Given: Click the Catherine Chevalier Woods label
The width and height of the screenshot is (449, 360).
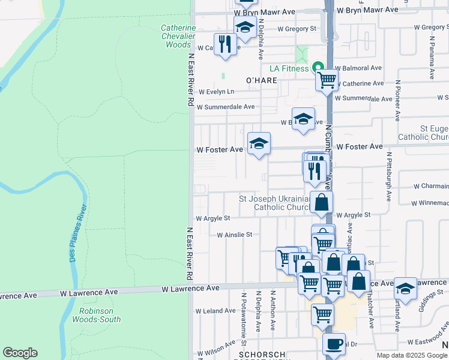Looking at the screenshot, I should click(178, 36).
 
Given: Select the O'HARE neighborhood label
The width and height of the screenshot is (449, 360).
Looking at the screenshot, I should click(261, 80).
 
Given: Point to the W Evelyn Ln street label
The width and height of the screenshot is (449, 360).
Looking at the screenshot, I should click(215, 92).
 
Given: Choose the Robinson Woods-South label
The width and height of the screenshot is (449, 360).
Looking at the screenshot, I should click(100, 315).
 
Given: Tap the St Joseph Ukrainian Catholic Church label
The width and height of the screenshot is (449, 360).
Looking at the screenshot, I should click(274, 203).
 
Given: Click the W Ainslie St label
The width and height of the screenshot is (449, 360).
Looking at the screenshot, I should click(235, 235).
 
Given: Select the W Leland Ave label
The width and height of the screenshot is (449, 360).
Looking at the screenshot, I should click(215, 311).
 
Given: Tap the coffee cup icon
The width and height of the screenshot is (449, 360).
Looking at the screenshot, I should click(334, 345).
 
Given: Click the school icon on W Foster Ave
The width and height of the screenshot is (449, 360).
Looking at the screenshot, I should click(259, 143).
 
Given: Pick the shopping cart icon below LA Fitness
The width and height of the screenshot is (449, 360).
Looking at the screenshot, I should click(327, 79).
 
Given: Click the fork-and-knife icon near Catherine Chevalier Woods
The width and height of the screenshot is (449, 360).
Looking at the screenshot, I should click(225, 45).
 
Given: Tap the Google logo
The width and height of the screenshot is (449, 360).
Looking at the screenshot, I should click(20, 353).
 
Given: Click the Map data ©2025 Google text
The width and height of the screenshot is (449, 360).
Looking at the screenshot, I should click(412, 355).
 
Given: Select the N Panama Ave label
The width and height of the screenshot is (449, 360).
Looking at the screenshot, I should click(431, 57).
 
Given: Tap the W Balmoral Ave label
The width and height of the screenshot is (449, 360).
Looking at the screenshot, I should click(358, 68).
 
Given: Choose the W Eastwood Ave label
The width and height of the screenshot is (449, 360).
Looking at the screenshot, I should click(427, 341).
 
